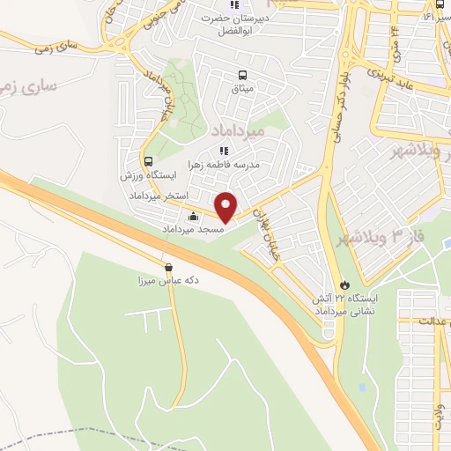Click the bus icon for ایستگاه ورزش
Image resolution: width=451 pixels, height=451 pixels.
(x=148, y=162)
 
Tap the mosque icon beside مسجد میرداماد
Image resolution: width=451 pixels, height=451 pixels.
(x=194, y=217)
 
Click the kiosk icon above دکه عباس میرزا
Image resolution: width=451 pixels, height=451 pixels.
(x=168, y=267)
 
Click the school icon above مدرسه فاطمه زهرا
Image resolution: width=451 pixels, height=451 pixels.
(x=223, y=151)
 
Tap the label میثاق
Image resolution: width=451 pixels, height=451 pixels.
(x=241, y=89)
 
